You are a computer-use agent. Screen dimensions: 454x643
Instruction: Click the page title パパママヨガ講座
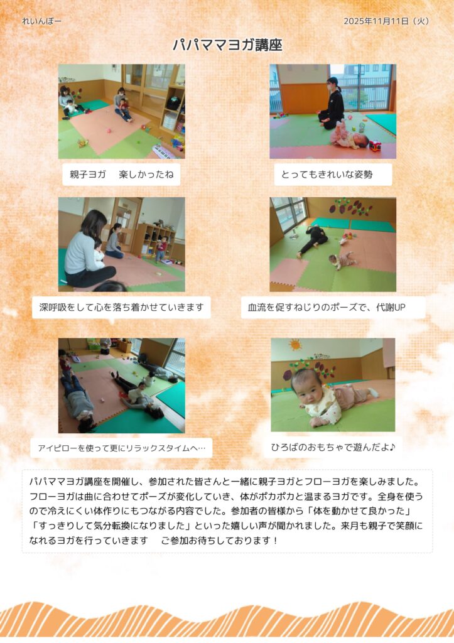[227, 45]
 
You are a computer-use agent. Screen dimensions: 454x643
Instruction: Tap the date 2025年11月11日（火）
[386, 21]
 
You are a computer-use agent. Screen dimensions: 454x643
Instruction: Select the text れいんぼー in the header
[41, 21]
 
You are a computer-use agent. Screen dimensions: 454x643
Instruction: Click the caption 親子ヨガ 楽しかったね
[121, 175]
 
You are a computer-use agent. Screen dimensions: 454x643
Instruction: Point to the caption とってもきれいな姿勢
[327, 175]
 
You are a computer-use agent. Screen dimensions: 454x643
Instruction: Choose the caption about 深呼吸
[121, 307]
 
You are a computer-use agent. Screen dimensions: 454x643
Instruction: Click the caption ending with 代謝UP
[327, 307]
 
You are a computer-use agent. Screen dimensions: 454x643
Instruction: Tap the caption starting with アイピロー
[121, 448]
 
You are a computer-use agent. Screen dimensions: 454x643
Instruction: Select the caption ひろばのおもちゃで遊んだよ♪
[333, 447]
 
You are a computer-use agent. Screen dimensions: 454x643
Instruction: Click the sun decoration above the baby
[295, 345]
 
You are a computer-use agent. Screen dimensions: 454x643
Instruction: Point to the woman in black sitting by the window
[332, 103]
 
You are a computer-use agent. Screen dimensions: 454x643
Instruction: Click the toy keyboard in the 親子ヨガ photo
[164, 152]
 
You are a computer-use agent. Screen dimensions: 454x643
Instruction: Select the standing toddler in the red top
[161, 249]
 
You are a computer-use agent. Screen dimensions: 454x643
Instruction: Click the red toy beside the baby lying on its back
[375, 146]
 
